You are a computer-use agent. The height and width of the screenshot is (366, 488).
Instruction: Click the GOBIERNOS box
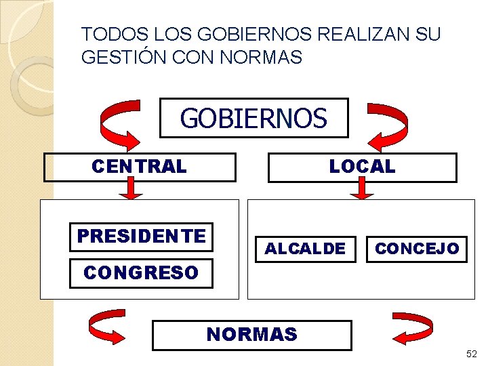(253, 118)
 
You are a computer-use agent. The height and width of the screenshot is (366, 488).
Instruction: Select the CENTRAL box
(140, 167)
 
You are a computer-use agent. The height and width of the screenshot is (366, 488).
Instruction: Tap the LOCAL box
(362, 167)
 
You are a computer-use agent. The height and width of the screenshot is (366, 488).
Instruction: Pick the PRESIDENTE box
(141, 236)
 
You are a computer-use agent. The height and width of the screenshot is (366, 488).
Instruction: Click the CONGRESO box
(141, 273)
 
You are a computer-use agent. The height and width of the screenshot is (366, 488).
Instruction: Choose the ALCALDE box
(305, 249)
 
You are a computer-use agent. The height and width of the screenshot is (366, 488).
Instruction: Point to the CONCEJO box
(417, 249)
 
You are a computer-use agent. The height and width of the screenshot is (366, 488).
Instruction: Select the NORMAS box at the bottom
(252, 335)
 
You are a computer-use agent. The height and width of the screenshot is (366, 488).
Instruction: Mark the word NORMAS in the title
(260, 58)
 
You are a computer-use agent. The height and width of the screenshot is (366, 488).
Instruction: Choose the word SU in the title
(427, 34)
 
